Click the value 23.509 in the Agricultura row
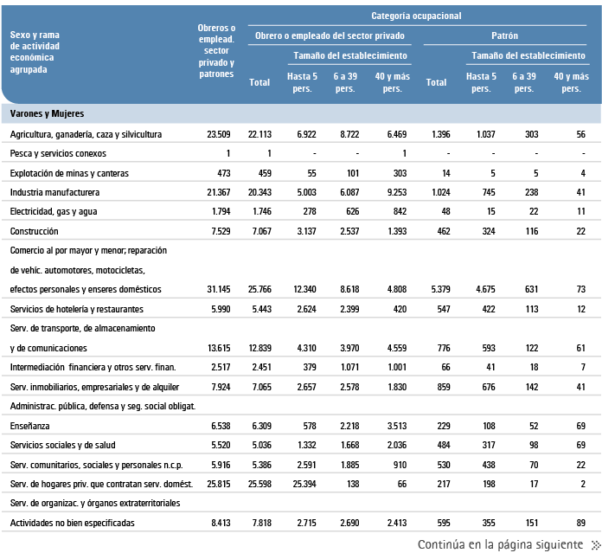[x=220, y=134]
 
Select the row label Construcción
[x=35, y=231]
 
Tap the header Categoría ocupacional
[x=416, y=16]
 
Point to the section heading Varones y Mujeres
[x=47, y=113]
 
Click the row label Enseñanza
[x=29, y=425]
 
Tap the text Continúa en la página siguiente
[x=499, y=544]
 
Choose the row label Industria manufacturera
[x=55, y=192]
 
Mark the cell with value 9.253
[x=392, y=192]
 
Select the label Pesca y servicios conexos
[x=58, y=153]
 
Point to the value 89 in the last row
[x=580, y=522]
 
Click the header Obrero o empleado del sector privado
[x=330, y=36]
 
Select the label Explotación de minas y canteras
[x=69, y=173]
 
